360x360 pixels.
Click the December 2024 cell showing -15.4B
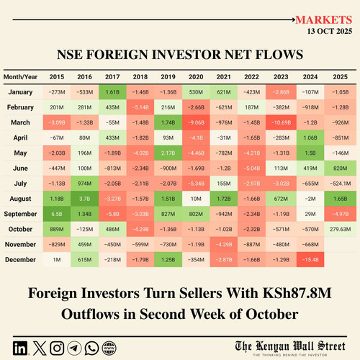pyautogui.click(x=310, y=259)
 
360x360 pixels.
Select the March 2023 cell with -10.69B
pyautogui.click(x=281, y=122)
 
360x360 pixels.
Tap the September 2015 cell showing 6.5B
pyautogui.click(x=57, y=214)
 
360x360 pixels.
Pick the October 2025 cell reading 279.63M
pyautogui.click(x=340, y=229)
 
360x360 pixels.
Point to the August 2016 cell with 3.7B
pyautogui.click(x=84, y=199)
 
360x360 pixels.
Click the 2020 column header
pyautogui.click(x=196, y=77)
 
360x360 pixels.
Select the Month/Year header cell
pyautogui.click(x=20, y=77)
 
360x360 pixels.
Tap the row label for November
pyautogui.click(x=20, y=244)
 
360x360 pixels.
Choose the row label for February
pyautogui.click(x=20, y=107)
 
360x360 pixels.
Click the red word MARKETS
pyautogui.click(x=323, y=20)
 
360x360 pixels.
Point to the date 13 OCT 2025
pyautogui.click(x=330, y=31)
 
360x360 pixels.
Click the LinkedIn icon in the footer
pyautogui.click(x=20, y=348)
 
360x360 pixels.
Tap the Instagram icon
pyautogui.click(x=57, y=348)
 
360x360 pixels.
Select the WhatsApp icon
pyautogui.click(x=91, y=348)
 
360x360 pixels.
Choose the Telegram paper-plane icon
pyautogui.click(x=74, y=348)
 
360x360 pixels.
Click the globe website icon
pyautogui.click(x=109, y=348)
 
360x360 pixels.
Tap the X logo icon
pyautogui.click(x=40, y=348)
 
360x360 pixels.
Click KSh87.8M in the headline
pyautogui.click(x=297, y=293)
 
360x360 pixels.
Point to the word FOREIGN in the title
pyautogui.click(x=119, y=55)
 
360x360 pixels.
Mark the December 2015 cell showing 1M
pyautogui.click(x=57, y=259)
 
